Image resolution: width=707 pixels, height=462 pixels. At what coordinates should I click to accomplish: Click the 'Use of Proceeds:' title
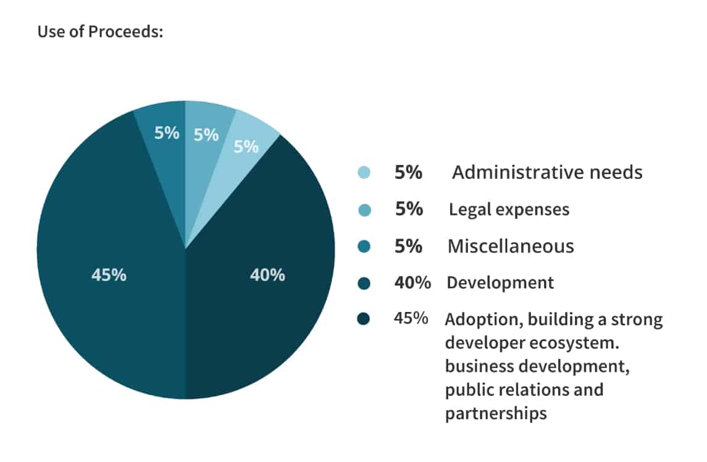tap(100, 31)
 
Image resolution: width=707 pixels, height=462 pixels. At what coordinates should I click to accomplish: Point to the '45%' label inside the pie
tap(109, 275)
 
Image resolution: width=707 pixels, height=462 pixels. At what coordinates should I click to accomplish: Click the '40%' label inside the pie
tap(267, 275)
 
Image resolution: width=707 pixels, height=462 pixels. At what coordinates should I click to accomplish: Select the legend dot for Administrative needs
tap(364, 173)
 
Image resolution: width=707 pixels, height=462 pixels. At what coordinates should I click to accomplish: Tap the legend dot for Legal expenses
tap(364, 210)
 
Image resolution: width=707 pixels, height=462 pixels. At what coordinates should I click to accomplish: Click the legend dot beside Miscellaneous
tap(364, 246)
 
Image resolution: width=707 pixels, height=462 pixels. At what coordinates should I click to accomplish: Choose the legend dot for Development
tap(364, 283)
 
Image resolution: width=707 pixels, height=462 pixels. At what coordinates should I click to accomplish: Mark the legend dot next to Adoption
tap(364, 320)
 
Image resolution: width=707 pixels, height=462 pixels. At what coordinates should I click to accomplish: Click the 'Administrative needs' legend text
tap(547, 172)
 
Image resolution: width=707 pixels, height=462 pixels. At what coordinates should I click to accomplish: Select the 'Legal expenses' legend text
tap(509, 209)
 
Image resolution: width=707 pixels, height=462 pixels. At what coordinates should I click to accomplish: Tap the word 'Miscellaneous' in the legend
tap(511, 246)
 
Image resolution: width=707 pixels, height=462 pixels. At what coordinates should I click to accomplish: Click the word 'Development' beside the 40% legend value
tap(500, 283)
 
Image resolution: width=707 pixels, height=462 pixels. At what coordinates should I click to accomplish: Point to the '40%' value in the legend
tap(412, 283)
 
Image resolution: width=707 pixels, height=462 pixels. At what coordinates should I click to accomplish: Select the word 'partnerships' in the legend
tap(496, 413)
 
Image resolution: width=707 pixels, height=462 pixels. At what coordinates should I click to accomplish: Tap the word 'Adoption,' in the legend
tap(479, 320)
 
